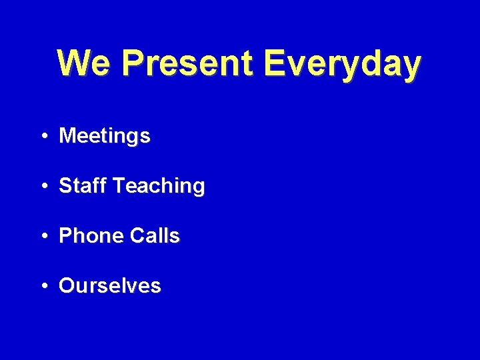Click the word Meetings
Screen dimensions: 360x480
(105, 137)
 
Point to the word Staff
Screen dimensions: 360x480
(83, 186)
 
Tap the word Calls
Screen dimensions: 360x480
(155, 236)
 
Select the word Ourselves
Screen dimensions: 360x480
(110, 286)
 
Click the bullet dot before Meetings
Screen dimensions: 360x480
(43, 137)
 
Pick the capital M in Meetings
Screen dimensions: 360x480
(67, 137)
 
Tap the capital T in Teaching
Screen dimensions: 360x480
(119, 186)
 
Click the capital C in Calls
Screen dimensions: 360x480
(138, 236)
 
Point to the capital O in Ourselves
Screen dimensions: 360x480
(67, 286)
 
